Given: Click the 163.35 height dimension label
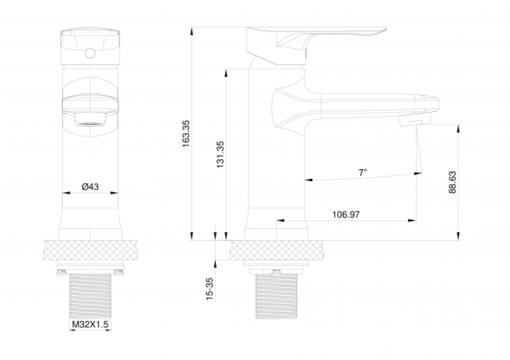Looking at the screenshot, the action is pyautogui.click(x=186, y=133).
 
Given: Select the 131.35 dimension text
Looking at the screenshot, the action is pyautogui.click(x=220, y=155).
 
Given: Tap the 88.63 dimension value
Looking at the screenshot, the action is pyautogui.click(x=453, y=183).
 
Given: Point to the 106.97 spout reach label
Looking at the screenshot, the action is pyautogui.click(x=346, y=215).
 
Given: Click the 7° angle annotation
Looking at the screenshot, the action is pyautogui.click(x=363, y=172).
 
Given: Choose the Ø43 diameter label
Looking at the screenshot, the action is pyautogui.click(x=90, y=187).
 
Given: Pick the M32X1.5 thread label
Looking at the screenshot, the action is pyautogui.click(x=90, y=324).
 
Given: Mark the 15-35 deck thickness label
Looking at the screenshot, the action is pyautogui.click(x=210, y=289).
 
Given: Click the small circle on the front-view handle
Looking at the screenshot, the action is pyautogui.click(x=89, y=53).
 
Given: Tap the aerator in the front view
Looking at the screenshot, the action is pyautogui.click(x=90, y=119).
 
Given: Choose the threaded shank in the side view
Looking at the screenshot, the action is pyautogui.click(x=276, y=296).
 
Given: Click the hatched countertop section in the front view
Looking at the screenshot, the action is pyautogui.click(x=89, y=249).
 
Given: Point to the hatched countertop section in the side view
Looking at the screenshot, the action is pyautogui.click(x=277, y=249).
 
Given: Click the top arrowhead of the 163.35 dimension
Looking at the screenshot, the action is pyautogui.click(x=192, y=31).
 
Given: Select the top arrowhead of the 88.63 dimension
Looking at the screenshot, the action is pyautogui.click(x=459, y=129).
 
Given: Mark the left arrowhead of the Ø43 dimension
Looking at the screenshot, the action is pyautogui.click(x=67, y=193).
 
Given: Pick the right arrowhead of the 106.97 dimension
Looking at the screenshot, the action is pyautogui.click(x=412, y=220).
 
